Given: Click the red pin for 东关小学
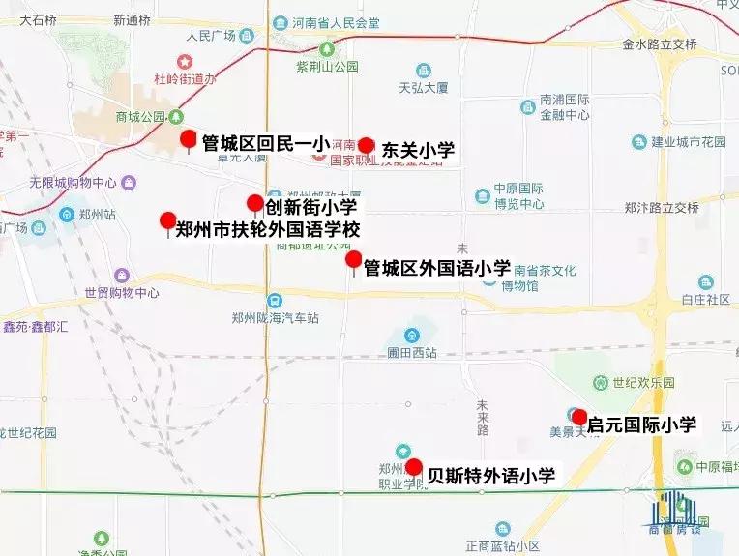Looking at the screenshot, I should click(x=366, y=146).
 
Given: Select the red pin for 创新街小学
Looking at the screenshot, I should click(x=254, y=203).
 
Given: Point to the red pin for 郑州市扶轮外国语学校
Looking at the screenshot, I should click(x=167, y=221).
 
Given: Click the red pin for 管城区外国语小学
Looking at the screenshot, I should click(x=354, y=260).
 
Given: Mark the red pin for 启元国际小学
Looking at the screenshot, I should click(x=579, y=418).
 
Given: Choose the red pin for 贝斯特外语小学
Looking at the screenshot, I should click(x=413, y=468).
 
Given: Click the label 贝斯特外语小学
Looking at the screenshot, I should click(x=491, y=475).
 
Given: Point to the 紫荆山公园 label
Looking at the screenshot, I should click(x=327, y=67).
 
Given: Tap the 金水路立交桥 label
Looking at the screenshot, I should click(x=660, y=44).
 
